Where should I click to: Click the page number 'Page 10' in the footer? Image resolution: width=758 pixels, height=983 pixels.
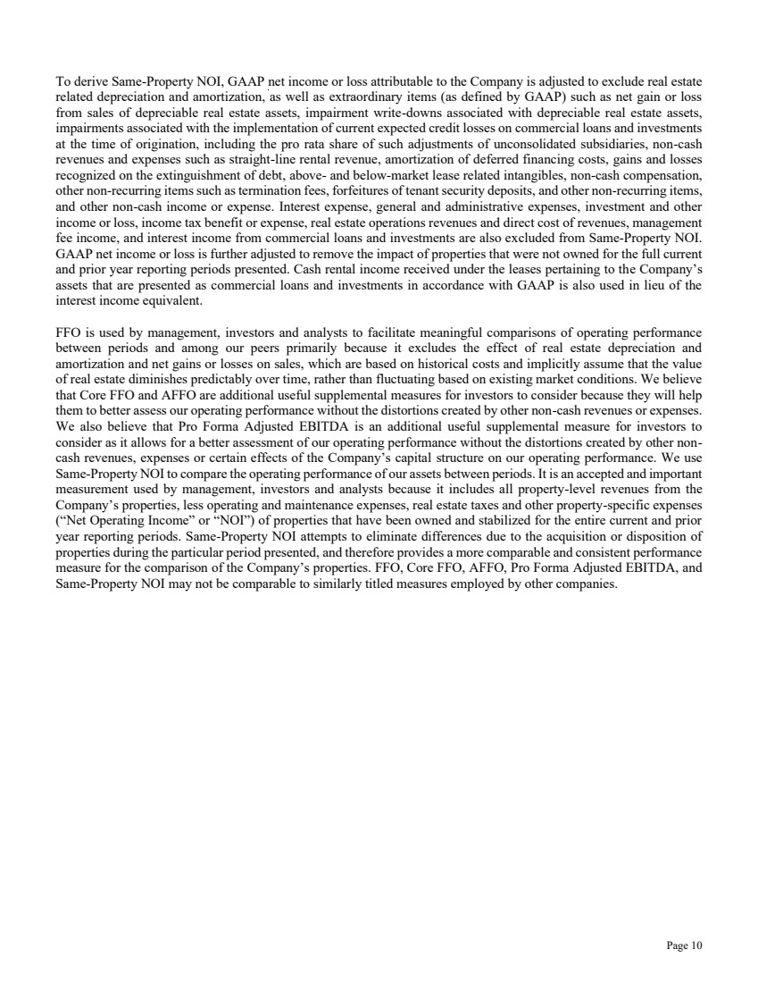tap(684, 945)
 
